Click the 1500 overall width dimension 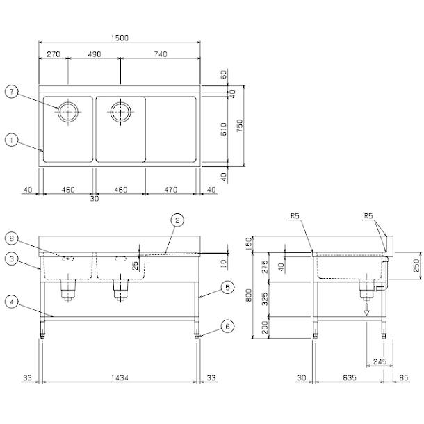[x=120, y=40]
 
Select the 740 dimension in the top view [x=161, y=54]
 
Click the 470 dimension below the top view [x=171, y=189]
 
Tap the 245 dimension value [x=378, y=361]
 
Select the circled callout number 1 [x=10, y=140]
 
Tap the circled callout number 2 [x=178, y=220]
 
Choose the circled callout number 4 [x=10, y=302]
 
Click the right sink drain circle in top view [x=120, y=111]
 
